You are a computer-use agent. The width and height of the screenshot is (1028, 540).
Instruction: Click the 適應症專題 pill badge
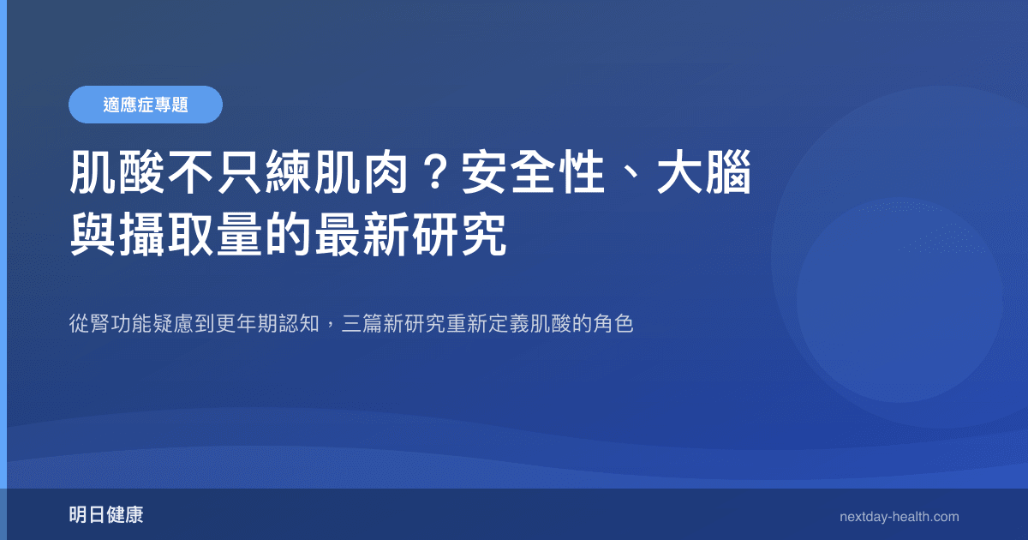click(146, 105)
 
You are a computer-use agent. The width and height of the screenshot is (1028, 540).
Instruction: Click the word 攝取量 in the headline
click(190, 234)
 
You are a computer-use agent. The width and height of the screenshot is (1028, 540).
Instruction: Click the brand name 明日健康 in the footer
click(106, 516)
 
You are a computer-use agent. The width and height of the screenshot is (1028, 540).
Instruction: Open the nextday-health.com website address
click(899, 517)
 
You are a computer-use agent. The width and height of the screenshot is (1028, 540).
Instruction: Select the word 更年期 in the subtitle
click(248, 325)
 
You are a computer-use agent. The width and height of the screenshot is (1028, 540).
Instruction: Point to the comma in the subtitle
click(330, 328)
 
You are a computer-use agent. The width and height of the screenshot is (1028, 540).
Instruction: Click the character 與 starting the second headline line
click(93, 234)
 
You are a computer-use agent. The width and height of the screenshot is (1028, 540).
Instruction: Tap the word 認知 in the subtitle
click(300, 325)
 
